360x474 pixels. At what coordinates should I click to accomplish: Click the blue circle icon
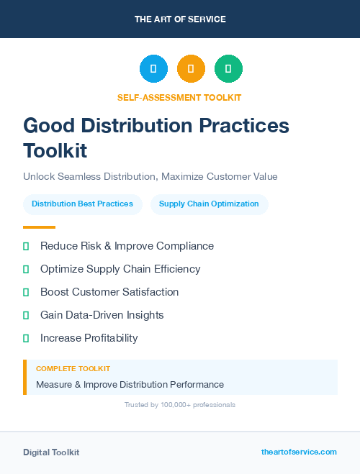pyautogui.click(x=153, y=68)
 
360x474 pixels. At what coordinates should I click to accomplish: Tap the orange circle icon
pyautogui.click(x=191, y=68)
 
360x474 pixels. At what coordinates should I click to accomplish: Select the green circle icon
pyautogui.click(x=228, y=68)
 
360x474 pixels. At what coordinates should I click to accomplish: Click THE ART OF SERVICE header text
pyautogui.click(x=180, y=19)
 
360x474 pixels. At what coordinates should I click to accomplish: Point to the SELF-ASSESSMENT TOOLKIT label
pyautogui.click(x=179, y=97)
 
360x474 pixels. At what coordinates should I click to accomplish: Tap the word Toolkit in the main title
pyautogui.click(x=55, y=151)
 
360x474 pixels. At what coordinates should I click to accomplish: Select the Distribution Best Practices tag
pyautogui.click(x=82, y=204)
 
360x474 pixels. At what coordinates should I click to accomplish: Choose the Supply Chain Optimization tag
pyautogui.click(x=209, y=204)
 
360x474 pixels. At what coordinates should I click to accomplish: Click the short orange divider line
pyautogui.click(x=39, y=227)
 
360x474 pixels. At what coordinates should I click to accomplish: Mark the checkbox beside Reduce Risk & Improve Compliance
pyautogui.click(x=26, y=246)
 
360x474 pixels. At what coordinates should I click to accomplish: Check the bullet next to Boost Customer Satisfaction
pyautogui.click(x=26, y=292)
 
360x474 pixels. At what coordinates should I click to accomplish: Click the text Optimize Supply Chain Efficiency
pyautogui.click(x=120, y=269)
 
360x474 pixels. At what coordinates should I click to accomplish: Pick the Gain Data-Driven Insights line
pyautogui.click(x=102, y=315)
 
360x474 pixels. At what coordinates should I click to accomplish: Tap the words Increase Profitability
pyautogui.click(x=89, y=338)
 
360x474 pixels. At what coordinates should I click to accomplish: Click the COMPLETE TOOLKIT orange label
pyautogui.click(x=73, y=368)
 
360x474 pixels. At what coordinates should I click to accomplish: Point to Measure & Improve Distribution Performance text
pyautogui.click(x=130, y=384)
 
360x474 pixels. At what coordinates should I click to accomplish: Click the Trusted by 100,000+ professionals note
pyautogui.click(x=179, y=405)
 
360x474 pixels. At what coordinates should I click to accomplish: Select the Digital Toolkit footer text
pyautogui.click(x=51, y=452)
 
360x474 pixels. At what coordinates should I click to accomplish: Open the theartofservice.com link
pyautogui.click(x=299, y=452)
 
